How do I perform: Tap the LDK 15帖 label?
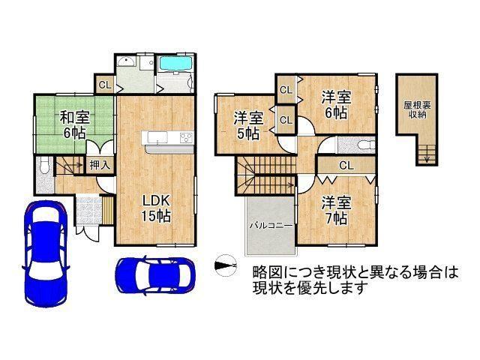pos(156,208)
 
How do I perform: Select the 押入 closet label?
pos(100,165)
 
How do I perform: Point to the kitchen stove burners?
pos(187,137)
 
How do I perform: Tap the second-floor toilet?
pos(366,144)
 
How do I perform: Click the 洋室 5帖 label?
pos(248,125)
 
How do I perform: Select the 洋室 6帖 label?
pos(336,105)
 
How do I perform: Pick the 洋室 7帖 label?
pos(336,211)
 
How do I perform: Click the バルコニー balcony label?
pos(271,226)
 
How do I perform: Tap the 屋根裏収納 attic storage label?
pos(417,110)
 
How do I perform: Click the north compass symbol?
pos(226,265)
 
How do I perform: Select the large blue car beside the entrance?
pos(46,253)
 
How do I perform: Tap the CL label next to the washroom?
pos(105,85)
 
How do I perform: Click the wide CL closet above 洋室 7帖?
pos(346,165)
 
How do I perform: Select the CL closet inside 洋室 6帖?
pos(286,90)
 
